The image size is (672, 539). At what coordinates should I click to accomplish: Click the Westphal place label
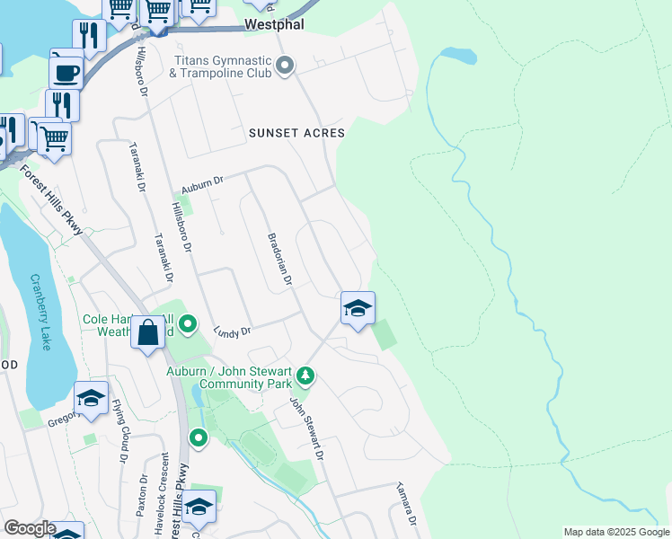pyautogui.click(x=274, y=25)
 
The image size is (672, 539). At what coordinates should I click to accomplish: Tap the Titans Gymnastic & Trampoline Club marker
pyautogui.click(x=286, y=65)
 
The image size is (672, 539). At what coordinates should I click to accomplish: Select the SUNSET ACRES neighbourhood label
pyautogui.click(x=296, y=133)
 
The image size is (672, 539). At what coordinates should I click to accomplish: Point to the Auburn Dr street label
pyautogui.click(x=200, y=186)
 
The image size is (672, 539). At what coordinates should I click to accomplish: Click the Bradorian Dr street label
pyautogui.click(x=280, y=261)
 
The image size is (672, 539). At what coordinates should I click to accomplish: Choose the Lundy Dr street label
pyautogui.click(x=232, y=332)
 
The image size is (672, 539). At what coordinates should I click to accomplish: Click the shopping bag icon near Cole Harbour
pyautogui.click(x=147, y=333)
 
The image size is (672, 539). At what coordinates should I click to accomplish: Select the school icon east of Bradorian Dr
pyautogui.click(x=357, y=308)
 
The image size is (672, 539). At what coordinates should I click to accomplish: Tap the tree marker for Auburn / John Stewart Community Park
pyautogui.click(x=305, y=376)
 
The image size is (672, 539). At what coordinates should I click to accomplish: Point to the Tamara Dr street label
pyautogui.click(x=405, y=507)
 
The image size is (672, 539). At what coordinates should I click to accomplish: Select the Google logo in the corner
pyautogui.click(x=29, y=528)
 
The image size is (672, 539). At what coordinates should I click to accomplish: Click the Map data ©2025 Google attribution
pyautogui.click(x=615, y=532)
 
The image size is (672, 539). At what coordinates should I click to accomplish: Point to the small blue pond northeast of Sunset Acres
pyautogui.click(x=457, y=56)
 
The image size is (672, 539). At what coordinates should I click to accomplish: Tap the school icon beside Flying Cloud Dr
pyautogui.click(x=91, y=399)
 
